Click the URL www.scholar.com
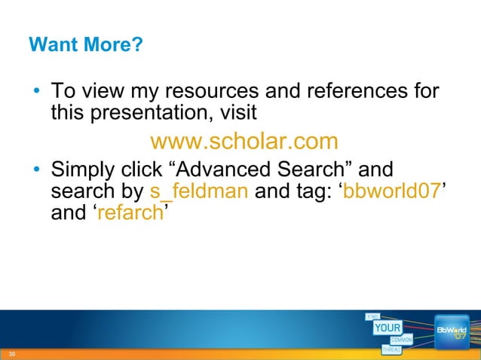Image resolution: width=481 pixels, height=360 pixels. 244,142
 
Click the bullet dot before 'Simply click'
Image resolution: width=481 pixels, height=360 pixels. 36,170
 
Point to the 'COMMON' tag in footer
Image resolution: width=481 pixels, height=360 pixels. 400,340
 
